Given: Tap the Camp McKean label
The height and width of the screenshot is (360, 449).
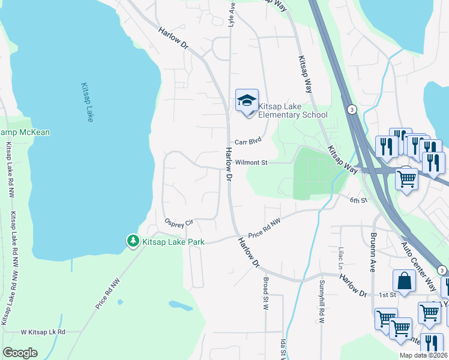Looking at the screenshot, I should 25,133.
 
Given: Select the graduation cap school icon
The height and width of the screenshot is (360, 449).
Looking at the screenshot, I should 247,100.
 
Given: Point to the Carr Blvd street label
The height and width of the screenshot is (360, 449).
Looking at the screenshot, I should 249,142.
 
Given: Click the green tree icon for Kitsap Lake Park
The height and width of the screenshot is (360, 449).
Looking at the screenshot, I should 133,241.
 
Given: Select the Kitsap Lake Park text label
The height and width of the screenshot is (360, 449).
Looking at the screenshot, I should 173,242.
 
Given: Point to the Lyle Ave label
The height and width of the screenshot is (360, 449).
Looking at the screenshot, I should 231,13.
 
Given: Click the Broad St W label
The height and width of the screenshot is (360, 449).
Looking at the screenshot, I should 265,293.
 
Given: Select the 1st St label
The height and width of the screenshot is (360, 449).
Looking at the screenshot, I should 388,295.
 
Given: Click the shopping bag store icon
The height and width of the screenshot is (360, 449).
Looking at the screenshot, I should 404,281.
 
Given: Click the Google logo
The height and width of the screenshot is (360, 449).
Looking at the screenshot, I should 20,353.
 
